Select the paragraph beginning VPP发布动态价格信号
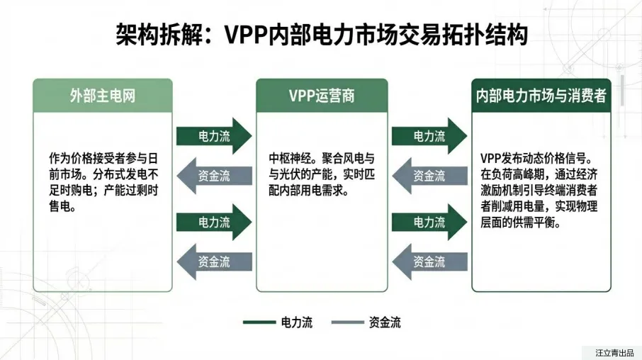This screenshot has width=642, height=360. tap(541, 191)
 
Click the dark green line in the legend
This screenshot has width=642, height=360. tap(259, 323)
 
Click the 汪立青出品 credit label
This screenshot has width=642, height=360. tap(612, 351)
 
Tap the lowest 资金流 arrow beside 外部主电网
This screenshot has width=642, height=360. tap(213, 261)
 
